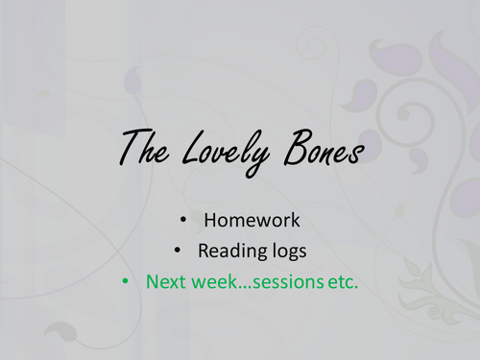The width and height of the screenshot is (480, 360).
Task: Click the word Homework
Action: pos(252,220)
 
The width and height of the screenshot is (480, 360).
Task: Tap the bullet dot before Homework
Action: pos(183,220)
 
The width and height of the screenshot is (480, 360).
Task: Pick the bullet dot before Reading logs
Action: pos(177,252)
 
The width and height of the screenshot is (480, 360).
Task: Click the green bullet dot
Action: pos(125,282)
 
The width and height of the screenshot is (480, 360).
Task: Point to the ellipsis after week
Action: pos(243,287)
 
